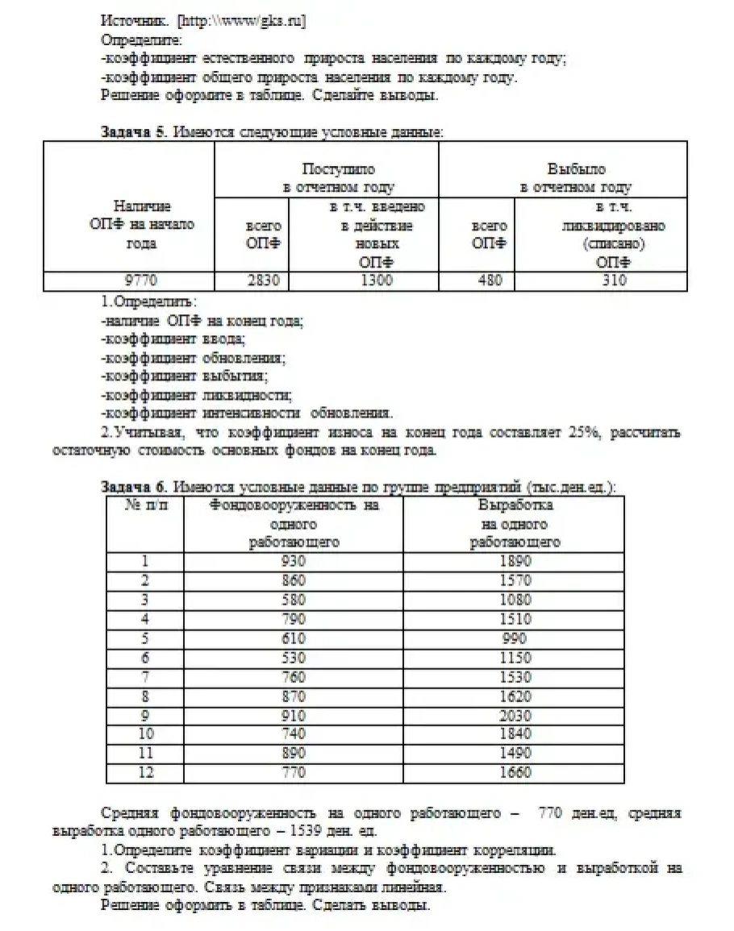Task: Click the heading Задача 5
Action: tap(133, 133)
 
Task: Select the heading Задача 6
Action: tap(134, 487)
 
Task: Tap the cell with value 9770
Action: tap(129, 281)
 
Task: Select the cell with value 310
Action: tap(611, 281)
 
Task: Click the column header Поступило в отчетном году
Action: tap(338, 178)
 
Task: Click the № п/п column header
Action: tap(145, 506)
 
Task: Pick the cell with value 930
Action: tap(294, 562)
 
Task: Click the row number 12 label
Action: tap(145, 773)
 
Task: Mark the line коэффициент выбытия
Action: tap(185, 376)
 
